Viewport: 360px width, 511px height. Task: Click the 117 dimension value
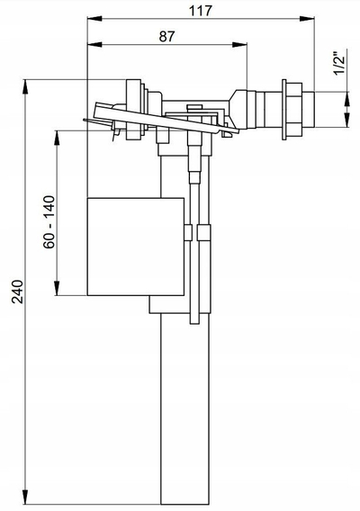201,11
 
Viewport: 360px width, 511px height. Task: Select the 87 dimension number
167,37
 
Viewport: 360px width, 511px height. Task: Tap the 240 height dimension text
18,291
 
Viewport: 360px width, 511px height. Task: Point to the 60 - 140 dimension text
49,221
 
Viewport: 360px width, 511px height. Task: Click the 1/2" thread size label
339,63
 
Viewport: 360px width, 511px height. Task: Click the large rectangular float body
136,247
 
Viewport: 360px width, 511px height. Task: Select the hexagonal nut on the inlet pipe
294,110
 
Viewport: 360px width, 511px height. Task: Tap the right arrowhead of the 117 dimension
307,19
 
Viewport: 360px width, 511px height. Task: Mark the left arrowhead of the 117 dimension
94,19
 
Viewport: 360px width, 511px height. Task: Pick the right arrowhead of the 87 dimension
239,45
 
